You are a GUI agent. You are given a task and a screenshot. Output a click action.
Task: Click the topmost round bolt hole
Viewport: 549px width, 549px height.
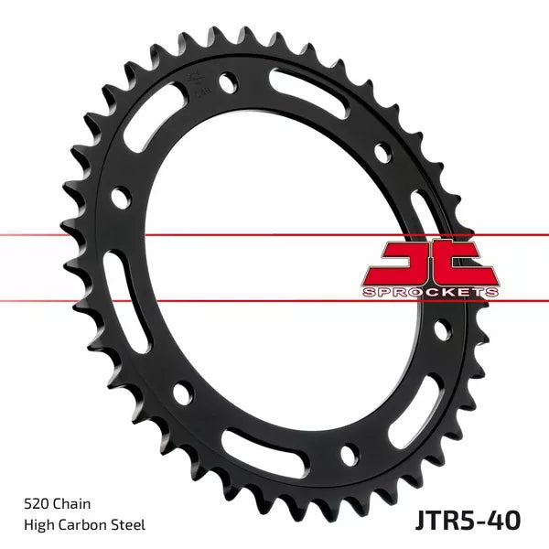(x=225, y=84)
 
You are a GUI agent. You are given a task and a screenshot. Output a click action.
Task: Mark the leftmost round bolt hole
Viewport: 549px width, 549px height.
(x=118, y=195)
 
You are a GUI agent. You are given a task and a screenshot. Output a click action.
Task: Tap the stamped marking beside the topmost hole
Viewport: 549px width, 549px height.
(x=195, y=84)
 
